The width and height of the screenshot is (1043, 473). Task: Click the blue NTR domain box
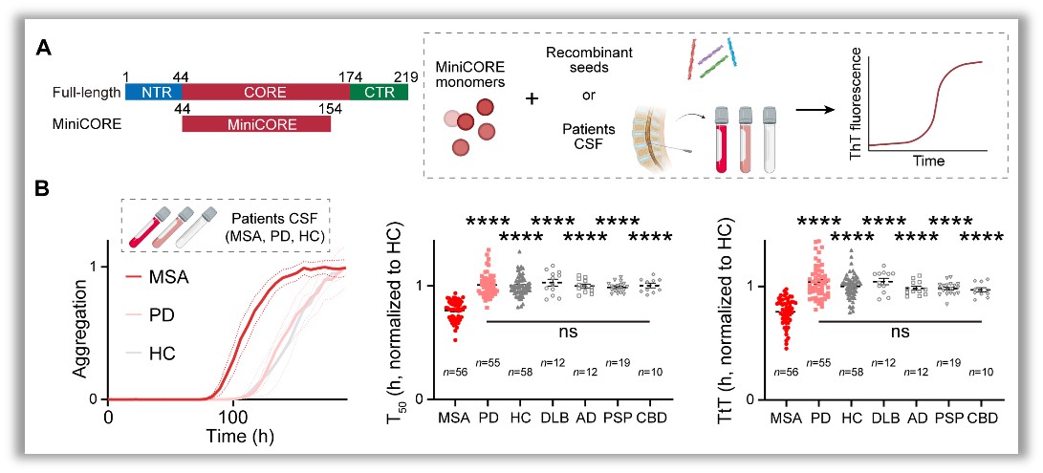pos(153,92)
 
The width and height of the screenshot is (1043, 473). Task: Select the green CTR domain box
pos(379,92)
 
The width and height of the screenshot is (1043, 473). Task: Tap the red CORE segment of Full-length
pos(266,92)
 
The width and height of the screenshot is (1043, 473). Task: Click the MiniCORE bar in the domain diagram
pos(256,123)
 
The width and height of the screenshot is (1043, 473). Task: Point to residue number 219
pos(405,77)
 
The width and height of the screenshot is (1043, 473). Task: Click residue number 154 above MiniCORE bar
pos(329,108)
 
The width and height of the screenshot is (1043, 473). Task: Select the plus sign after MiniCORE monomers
pos(532,98)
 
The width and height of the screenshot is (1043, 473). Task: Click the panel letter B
pos(43,189)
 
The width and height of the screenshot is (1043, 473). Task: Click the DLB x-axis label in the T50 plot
pos(550,418)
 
